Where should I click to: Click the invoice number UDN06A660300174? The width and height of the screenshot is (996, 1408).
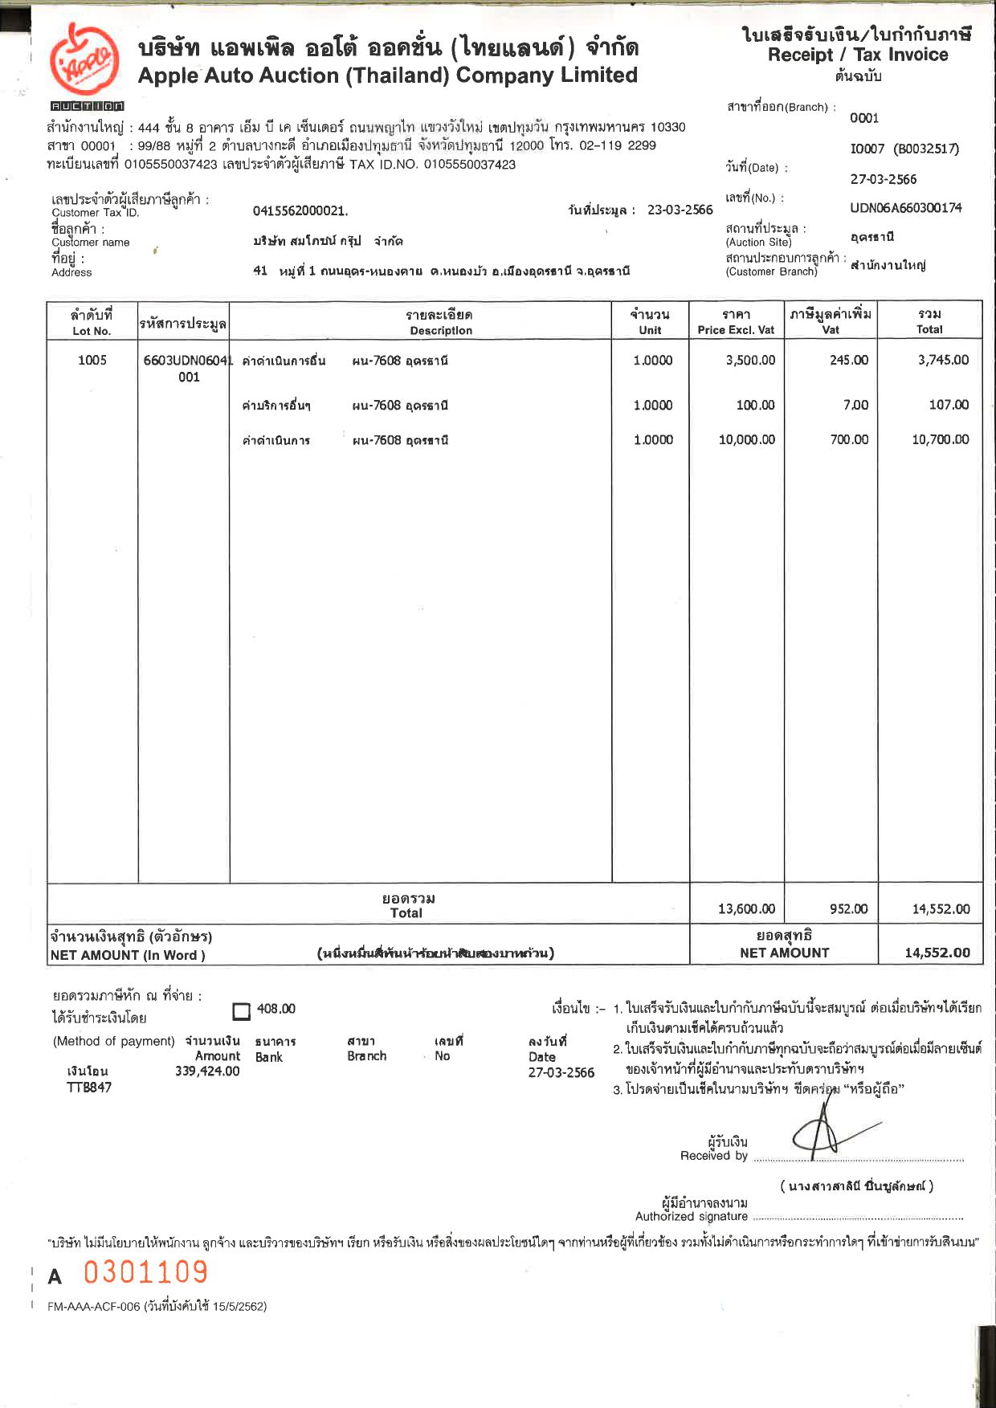(905, 208)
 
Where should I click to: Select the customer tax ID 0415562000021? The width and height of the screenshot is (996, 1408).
(300, 211)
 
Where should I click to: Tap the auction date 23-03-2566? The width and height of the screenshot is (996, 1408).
(680, 210)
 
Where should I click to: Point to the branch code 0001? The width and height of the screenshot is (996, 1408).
(864, 118)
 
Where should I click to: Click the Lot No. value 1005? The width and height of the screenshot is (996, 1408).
(92, 360)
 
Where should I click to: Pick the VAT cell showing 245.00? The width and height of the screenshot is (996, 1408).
(849, 360)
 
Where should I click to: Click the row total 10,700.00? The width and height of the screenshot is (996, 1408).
(940, 439)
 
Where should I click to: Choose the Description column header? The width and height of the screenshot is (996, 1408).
(439, 322)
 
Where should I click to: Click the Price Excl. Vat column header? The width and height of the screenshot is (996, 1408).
(736, 322)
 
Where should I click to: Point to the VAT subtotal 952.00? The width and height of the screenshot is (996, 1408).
(848, 908)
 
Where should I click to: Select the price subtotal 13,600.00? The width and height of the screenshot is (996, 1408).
(746, 908)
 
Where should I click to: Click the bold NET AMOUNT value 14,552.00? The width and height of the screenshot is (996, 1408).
(937, 953)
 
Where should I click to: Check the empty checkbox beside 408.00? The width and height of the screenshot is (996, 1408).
(241, 1011)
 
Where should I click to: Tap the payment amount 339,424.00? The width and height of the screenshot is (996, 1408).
(207, 1071)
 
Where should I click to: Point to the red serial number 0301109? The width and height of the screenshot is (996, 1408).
(145, 1272)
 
